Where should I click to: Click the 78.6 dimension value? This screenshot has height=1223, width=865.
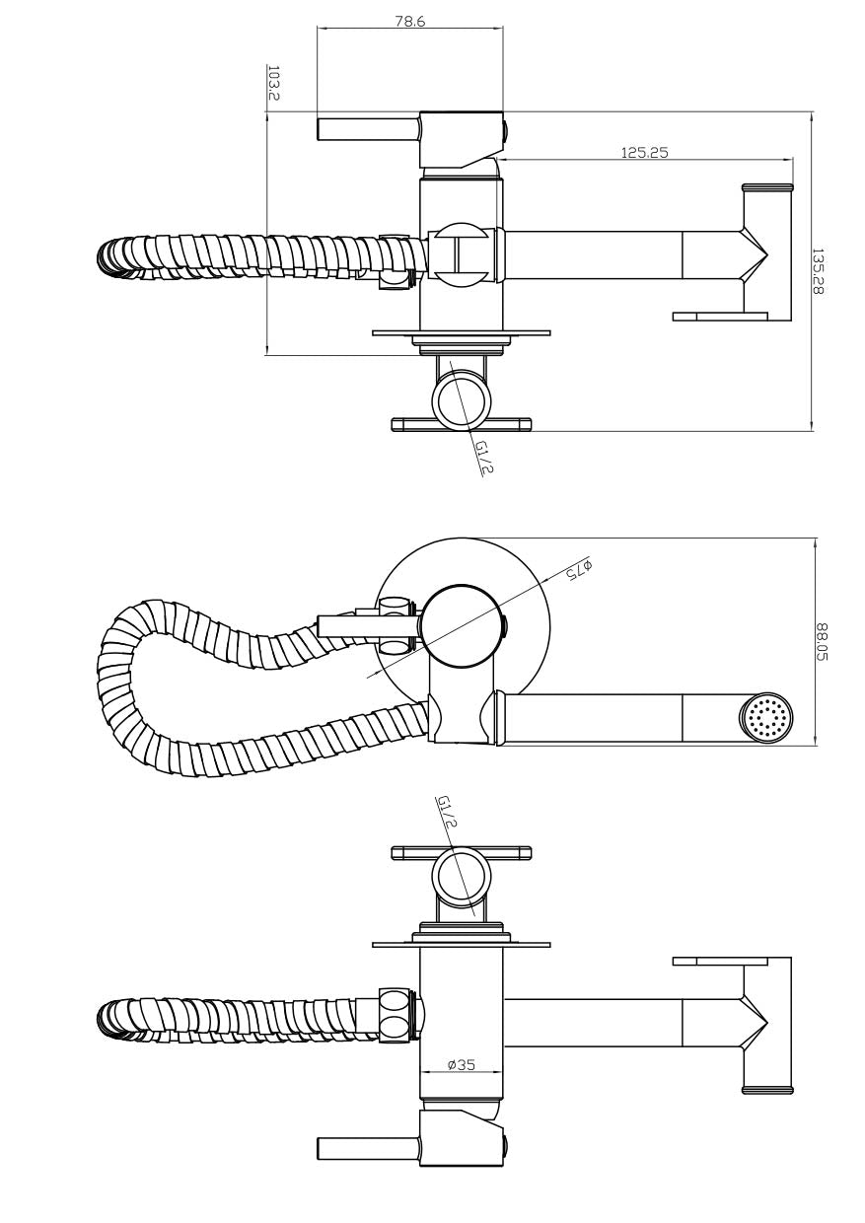coord(409,21)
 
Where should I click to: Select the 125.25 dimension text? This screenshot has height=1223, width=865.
coord(645,152)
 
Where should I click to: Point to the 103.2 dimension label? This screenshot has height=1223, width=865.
coord(273,84)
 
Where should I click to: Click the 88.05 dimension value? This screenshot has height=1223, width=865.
coord(822,643)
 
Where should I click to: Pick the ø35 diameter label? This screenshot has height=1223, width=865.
coord(461,1064)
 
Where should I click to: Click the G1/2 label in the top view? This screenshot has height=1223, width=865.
coord(483,457)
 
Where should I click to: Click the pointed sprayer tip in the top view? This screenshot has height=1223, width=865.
coord(755,255)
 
